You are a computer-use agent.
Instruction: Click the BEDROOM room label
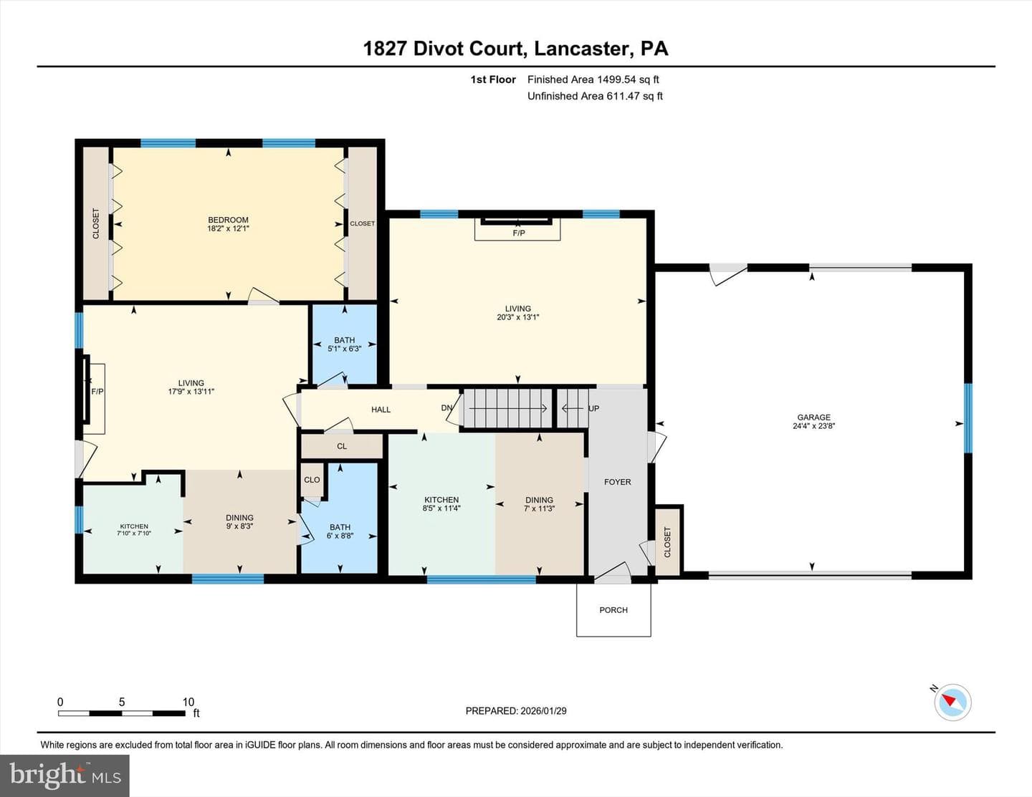[x=228, y=220]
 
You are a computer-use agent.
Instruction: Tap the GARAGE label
[x=813, y=417]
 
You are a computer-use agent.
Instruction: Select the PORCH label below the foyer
[x=613, y=609]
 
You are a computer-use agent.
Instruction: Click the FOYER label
[x=617, y=481]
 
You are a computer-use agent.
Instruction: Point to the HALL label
[x=381, y=410]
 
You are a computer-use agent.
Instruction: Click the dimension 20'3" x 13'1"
[x=517, y=317]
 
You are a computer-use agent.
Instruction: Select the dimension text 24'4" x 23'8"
[x=813, y=425]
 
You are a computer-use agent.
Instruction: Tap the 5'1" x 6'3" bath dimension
[x=344, y=348]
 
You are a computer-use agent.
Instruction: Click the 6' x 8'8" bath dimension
[x=340, y=536]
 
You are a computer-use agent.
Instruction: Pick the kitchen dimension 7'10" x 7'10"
[x=134, y=533]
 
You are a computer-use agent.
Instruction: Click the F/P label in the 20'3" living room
[x=519, y=233]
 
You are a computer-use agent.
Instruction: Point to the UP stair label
[x=593, y=408]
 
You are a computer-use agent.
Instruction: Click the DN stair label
[x=446, y=407]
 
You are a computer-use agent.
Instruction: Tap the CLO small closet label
[x=312, y=480]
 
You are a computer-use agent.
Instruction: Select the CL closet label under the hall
[x=341, y=446]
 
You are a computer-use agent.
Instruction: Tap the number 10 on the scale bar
[x=188, y=702]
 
